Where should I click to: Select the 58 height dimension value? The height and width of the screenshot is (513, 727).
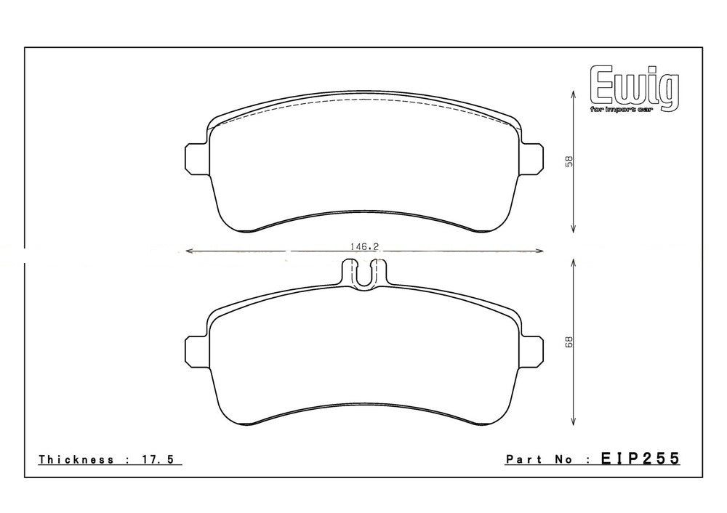tap(569, 161)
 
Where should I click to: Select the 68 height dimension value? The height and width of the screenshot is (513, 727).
tap(569, 342)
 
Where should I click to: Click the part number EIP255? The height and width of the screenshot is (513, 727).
tap(640, 459)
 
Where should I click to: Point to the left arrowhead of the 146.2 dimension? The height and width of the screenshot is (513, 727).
tap(190, 252)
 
